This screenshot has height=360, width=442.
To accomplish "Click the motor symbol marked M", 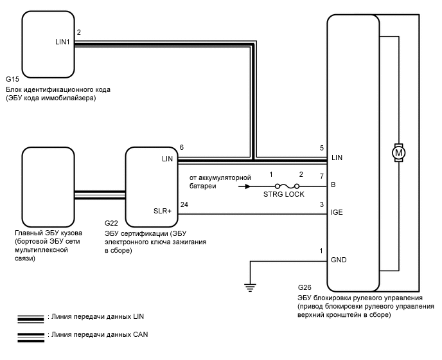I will pyautogui.click(x=398, y=153).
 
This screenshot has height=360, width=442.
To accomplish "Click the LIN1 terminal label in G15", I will pyautogui.click(x=64, y=42).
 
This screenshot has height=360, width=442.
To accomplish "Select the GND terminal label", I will pyautogui.click(x=339, y=261).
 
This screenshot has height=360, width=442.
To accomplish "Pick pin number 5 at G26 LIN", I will pyautogui.click(x=322, y=148).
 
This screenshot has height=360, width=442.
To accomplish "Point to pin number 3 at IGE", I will pyautogui.click(x=322, y=205).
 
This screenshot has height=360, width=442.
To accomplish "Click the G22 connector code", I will pyautogui.click(x=110, y=223).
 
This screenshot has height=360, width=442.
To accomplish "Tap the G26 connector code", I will pyautogui.click(x=305, y=287).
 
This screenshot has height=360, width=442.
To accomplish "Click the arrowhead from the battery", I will pyautogui.click(x=245, y=186).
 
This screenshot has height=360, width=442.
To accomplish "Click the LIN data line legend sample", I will pyautogui.click(x=31, y=318).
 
